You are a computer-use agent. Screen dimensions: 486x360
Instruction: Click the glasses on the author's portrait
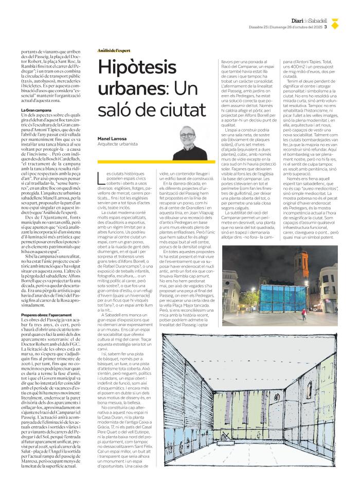coord(192,133)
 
